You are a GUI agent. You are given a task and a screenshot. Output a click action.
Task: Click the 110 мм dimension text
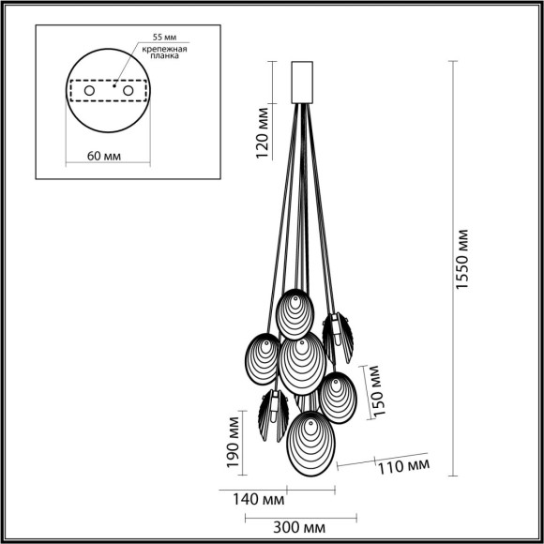pos(404,464)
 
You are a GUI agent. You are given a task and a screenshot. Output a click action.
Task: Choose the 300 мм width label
pos(301,528)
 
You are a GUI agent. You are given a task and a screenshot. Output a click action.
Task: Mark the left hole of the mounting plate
pos(90,91)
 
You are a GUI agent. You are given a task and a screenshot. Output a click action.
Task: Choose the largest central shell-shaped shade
pos(302,364)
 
